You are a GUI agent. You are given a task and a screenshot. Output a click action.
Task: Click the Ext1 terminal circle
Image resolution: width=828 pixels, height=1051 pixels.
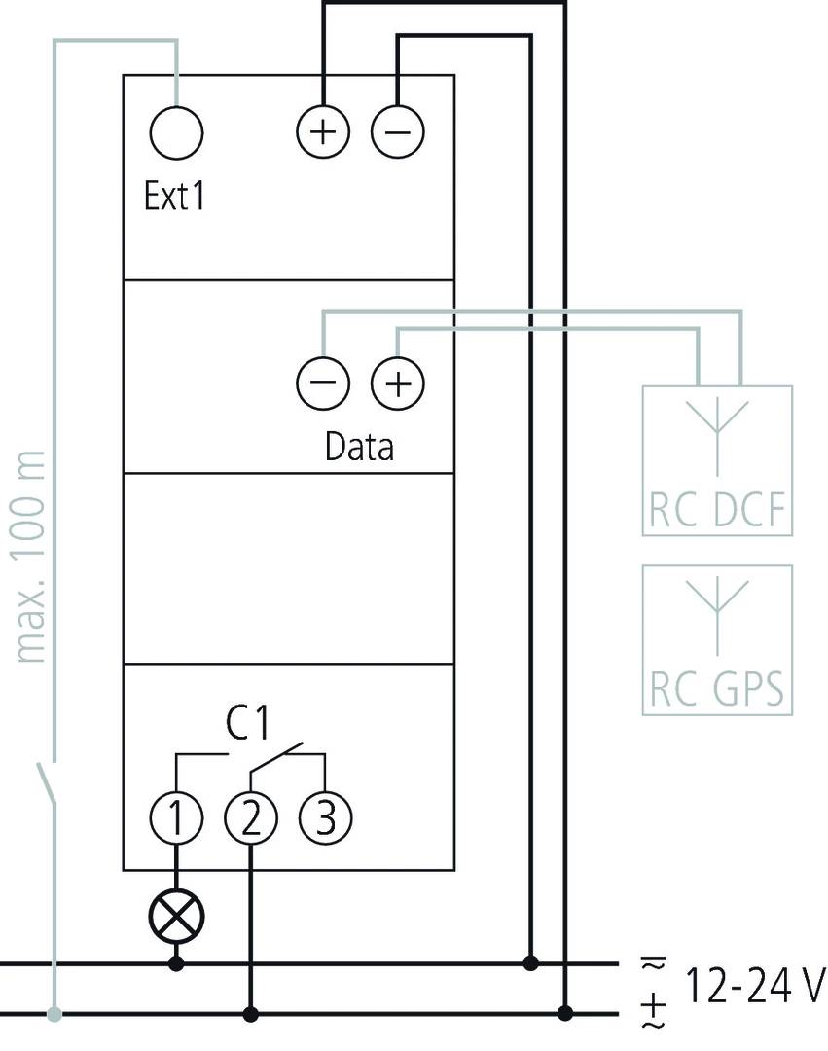[177, 132]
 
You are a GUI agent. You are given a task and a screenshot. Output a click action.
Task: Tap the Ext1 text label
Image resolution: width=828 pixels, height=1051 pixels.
[174, 197]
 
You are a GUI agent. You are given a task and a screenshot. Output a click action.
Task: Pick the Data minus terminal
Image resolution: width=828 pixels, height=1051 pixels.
[322, 383]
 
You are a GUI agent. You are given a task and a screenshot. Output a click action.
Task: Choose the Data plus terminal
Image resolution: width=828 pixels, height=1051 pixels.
[398, 383]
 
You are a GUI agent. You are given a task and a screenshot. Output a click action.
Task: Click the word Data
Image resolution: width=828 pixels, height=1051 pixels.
[359, 447]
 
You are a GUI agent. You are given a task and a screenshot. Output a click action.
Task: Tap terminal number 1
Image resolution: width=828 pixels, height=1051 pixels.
[177, 818]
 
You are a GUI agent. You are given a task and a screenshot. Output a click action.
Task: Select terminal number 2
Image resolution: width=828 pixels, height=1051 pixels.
[251, 818]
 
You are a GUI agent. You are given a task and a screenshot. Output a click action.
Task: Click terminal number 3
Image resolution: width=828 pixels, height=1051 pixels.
[325, 818]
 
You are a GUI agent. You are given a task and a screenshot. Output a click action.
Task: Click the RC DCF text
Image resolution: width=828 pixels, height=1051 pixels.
[717, 511]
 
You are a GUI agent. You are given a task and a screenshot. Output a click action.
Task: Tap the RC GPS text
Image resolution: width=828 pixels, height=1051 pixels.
[717, 690]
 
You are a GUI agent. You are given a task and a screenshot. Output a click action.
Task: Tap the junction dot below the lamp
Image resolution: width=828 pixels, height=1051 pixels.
[177, 964]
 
